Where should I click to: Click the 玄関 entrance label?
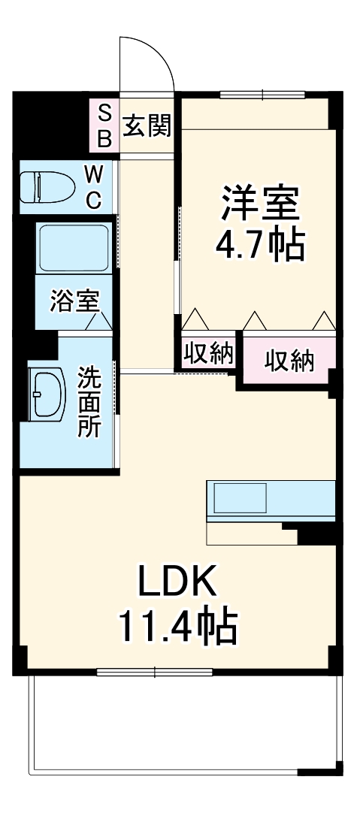pyautogui.click(x=147, y=125)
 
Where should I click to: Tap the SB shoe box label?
pyautogui.click(x=104, y=125)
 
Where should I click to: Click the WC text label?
pyautogui.click(x=92, y=187)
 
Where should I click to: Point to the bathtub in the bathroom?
pyautogui.click(x=73, y=248)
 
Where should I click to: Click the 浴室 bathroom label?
pyautogui.click(x=74, y=301)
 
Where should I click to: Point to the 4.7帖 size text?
pyautogui.click(x=260, y=245)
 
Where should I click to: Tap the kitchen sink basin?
pyautogui.click(x=240, y=498)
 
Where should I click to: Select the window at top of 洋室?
pyautogui.click(x=262, y=95)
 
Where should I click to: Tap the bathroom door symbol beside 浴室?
pyautogui.click(x=98, y=322)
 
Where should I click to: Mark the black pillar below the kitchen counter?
pyautogui.click(x=316, y=534)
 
